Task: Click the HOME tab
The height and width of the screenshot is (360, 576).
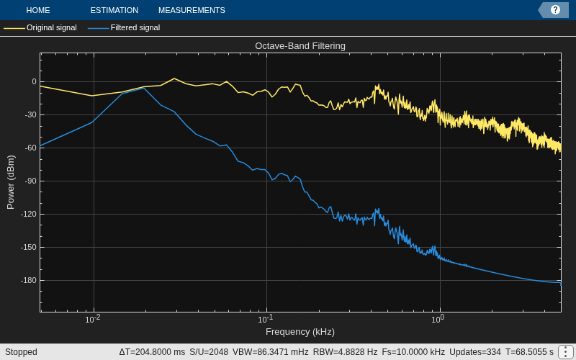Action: pos(38,10)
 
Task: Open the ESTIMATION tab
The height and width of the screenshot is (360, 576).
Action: pos(114,10)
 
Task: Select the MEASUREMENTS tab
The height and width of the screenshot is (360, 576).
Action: pos(192,10)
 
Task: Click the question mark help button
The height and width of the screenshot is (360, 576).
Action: pos(555,10)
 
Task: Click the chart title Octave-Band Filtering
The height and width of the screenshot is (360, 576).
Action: pos(300,46)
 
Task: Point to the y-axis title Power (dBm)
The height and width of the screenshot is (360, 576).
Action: pos(11,182)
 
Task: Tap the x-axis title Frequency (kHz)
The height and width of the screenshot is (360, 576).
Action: pos(300,332)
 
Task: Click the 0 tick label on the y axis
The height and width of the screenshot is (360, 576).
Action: pos(34,82)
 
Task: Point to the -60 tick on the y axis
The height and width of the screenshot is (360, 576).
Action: pos(30,148)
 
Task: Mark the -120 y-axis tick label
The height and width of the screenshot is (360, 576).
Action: pos(28,214)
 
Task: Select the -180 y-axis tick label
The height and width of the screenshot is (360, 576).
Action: pos(28,280)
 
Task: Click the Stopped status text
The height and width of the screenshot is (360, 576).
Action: pos(21,352)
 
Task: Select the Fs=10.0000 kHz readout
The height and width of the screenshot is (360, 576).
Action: pos(413,352)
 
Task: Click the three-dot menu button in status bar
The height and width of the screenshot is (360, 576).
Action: pos(565,352)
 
